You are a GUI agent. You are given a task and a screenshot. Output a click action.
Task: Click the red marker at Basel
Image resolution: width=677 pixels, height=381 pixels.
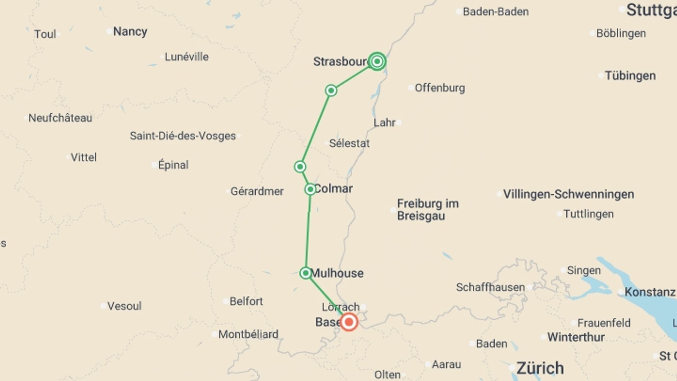tap(349, 322)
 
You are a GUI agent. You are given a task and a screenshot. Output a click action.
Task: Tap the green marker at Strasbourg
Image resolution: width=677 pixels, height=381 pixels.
tap(377, 62)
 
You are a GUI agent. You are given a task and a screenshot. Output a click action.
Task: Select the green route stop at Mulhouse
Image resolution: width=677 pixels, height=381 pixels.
tap(306, 273)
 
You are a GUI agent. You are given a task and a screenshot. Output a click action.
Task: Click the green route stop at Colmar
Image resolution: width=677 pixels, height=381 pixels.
tap(310, 189)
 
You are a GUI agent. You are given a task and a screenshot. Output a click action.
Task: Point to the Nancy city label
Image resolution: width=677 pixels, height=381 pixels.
tap(130, 32)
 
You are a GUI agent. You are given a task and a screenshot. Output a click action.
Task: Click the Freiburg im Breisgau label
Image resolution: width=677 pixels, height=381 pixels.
tap(427, 210)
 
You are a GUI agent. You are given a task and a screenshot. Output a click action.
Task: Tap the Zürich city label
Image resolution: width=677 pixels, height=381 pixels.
tap(540, 368)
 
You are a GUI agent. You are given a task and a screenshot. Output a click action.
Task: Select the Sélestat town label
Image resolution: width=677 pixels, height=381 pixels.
tap(349, 143)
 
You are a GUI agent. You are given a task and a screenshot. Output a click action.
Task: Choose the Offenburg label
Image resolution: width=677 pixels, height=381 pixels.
tap(439, 88)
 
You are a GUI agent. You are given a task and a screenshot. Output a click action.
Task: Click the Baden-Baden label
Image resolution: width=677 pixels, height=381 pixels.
tap(495, 12)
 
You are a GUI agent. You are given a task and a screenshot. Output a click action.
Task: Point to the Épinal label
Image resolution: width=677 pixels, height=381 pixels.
tap(173, 165)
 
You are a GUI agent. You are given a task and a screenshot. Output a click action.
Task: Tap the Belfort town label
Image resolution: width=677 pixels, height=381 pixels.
tap(246, 301)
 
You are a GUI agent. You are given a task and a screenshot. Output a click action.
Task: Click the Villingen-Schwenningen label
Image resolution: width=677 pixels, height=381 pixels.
tap(568, 194)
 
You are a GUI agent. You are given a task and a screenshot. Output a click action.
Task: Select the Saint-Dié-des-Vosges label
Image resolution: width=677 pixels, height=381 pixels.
tap(183, 136)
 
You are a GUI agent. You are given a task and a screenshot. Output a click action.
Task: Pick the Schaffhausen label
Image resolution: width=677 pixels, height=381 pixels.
tap(490, 287)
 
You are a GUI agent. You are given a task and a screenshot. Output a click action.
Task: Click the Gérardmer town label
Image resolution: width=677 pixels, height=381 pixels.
tap(257, 191)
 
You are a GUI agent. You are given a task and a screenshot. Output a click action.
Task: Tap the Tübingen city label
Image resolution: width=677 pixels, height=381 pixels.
tap(630, 75)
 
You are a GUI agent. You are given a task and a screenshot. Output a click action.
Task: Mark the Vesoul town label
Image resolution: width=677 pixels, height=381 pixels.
tap(124, 306)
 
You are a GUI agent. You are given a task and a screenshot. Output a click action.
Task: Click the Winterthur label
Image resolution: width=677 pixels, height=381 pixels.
tap(576, 337)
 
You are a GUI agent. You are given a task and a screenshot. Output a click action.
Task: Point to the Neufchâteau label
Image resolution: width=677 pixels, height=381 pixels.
tap(60, 118)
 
